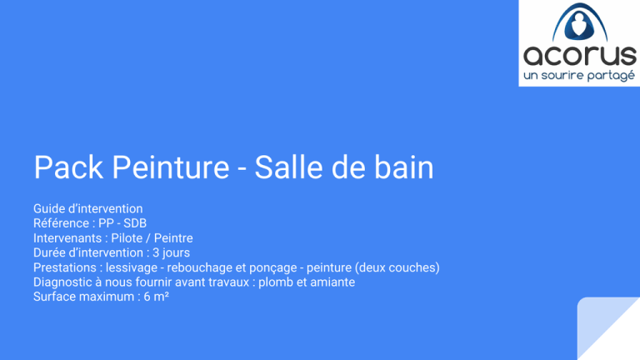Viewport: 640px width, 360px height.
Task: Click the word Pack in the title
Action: coord(68,167)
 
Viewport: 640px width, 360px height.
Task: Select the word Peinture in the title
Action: coord(171,167)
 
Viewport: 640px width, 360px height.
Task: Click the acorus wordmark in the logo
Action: coord(580,56)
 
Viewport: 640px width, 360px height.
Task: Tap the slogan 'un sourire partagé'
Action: coord(579,76)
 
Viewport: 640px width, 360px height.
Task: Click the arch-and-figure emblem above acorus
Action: coord(580,22)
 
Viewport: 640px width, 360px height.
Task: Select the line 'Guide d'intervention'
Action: coord(88,208)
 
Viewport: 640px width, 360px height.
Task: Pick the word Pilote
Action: coord(127,238)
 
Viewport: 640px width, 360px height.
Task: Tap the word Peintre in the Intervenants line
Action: coord(173,238)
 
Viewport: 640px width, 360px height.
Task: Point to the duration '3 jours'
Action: coord(171,252)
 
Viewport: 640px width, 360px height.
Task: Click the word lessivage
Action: coord(132,267)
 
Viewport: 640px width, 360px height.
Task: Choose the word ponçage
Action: coord(273,267)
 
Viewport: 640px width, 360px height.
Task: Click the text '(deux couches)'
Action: coord(397,267)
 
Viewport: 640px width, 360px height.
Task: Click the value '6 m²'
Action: coord(157,297)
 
